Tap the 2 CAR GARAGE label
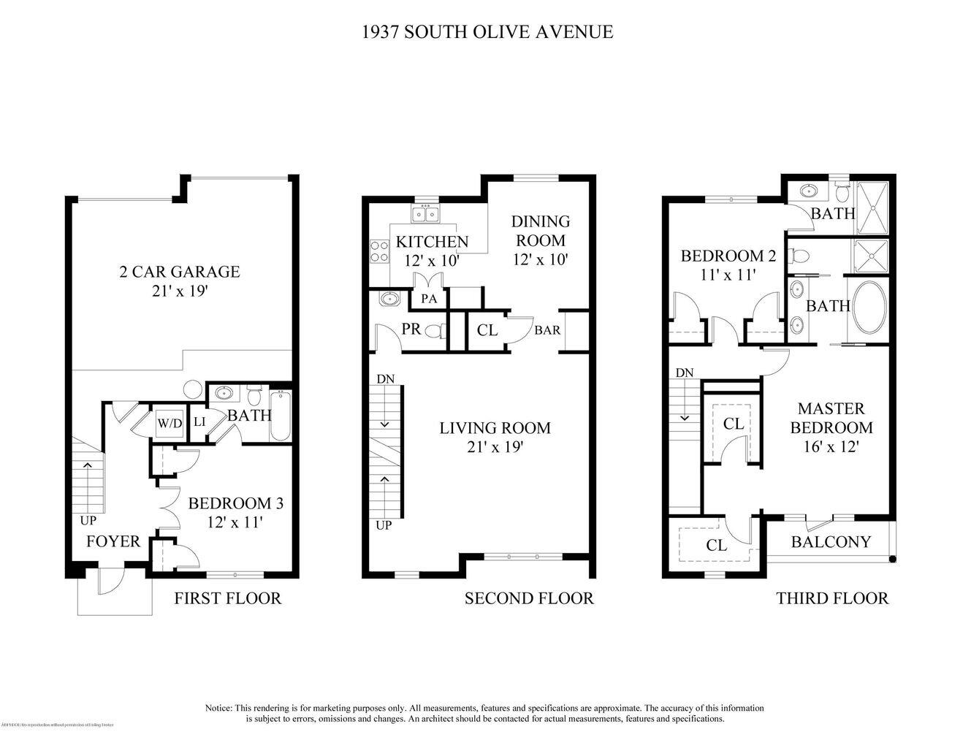click(179, 272)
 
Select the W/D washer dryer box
click(170, 422)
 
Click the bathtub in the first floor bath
click(281, 417)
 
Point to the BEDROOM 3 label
click(235, 503)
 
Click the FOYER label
click(113, 541)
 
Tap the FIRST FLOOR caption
click(227, 598)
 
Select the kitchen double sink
click(425, 214)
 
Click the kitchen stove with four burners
click(379, 252)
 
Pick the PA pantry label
click(428, 298)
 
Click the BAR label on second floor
click(547, 330)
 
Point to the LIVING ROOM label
click(495, 428)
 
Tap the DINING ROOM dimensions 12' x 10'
click(541, 259)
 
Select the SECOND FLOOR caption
click(529, 598)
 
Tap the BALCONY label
click(831, 541)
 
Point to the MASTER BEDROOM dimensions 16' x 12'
click(831, 446)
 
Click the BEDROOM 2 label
click(728, 256)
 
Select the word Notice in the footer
click(218, 708)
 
